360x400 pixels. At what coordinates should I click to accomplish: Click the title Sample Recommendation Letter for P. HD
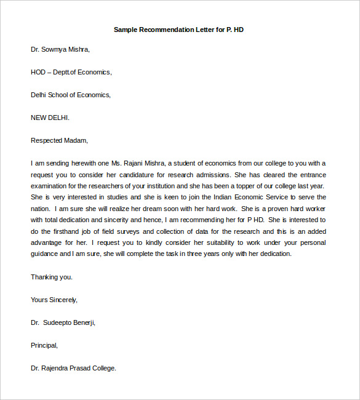tap(179, 30)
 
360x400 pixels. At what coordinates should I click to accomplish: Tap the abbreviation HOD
tap(38, 72)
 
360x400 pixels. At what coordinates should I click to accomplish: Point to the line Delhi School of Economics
tap(71, 95)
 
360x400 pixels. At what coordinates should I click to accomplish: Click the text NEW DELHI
tap(50, 118)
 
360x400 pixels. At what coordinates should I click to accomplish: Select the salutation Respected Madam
tap(60, 140)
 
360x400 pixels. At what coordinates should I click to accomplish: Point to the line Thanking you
tap(52, 277)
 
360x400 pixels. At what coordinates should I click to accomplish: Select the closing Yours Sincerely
tap(54, 300)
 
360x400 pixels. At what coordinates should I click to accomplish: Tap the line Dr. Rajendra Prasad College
tap(73, 368)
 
